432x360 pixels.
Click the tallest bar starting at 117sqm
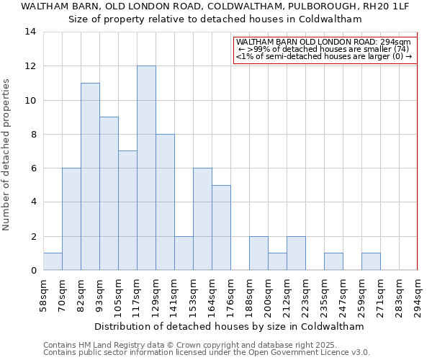[146, 168]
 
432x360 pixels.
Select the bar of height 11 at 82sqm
[90, 176]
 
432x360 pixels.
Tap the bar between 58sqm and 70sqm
[53, 261]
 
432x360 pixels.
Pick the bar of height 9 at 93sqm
[109, 194]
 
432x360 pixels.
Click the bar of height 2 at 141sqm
[184, 253]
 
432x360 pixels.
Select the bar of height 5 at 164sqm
[221, 228]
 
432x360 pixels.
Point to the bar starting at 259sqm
[371, 261]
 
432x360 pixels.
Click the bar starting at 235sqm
[333, 261]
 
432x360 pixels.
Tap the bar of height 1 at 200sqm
[277, 261]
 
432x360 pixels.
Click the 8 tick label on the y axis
[33, 134]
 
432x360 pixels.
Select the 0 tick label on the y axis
[33, 270]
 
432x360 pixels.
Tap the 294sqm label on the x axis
[418, 295]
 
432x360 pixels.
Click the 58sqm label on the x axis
[43, 295]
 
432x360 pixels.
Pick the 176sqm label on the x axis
[230, 295]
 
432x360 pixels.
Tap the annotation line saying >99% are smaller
[324, 49]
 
